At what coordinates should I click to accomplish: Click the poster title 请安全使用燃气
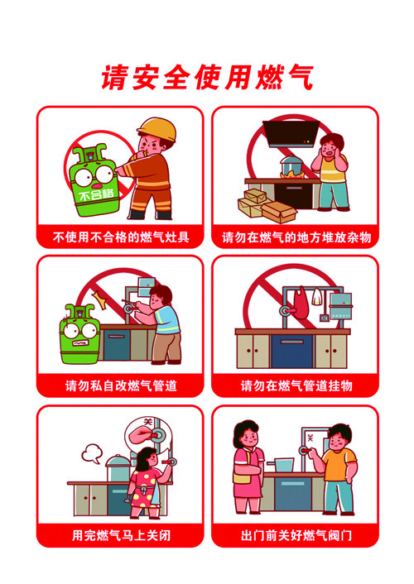point(207,77)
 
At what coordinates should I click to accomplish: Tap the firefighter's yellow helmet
point(157,128)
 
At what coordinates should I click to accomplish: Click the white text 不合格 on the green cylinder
point(96,194)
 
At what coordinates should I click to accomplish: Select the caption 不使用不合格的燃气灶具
point(121,237)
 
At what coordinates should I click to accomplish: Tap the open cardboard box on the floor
point(278,212)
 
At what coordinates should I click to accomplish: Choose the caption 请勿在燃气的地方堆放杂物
point(296,237)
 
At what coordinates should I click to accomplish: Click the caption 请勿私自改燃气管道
point(121,385)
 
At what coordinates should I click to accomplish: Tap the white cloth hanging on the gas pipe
point(316,297)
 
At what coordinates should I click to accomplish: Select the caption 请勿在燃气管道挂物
point(296,385)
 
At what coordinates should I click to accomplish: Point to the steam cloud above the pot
point(91,453)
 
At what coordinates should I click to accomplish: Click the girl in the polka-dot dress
point(147,483)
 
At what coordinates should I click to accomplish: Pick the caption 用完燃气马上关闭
point(121,535)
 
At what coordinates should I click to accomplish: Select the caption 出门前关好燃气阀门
point(296,535)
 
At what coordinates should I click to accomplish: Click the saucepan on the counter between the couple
point(282,465)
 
